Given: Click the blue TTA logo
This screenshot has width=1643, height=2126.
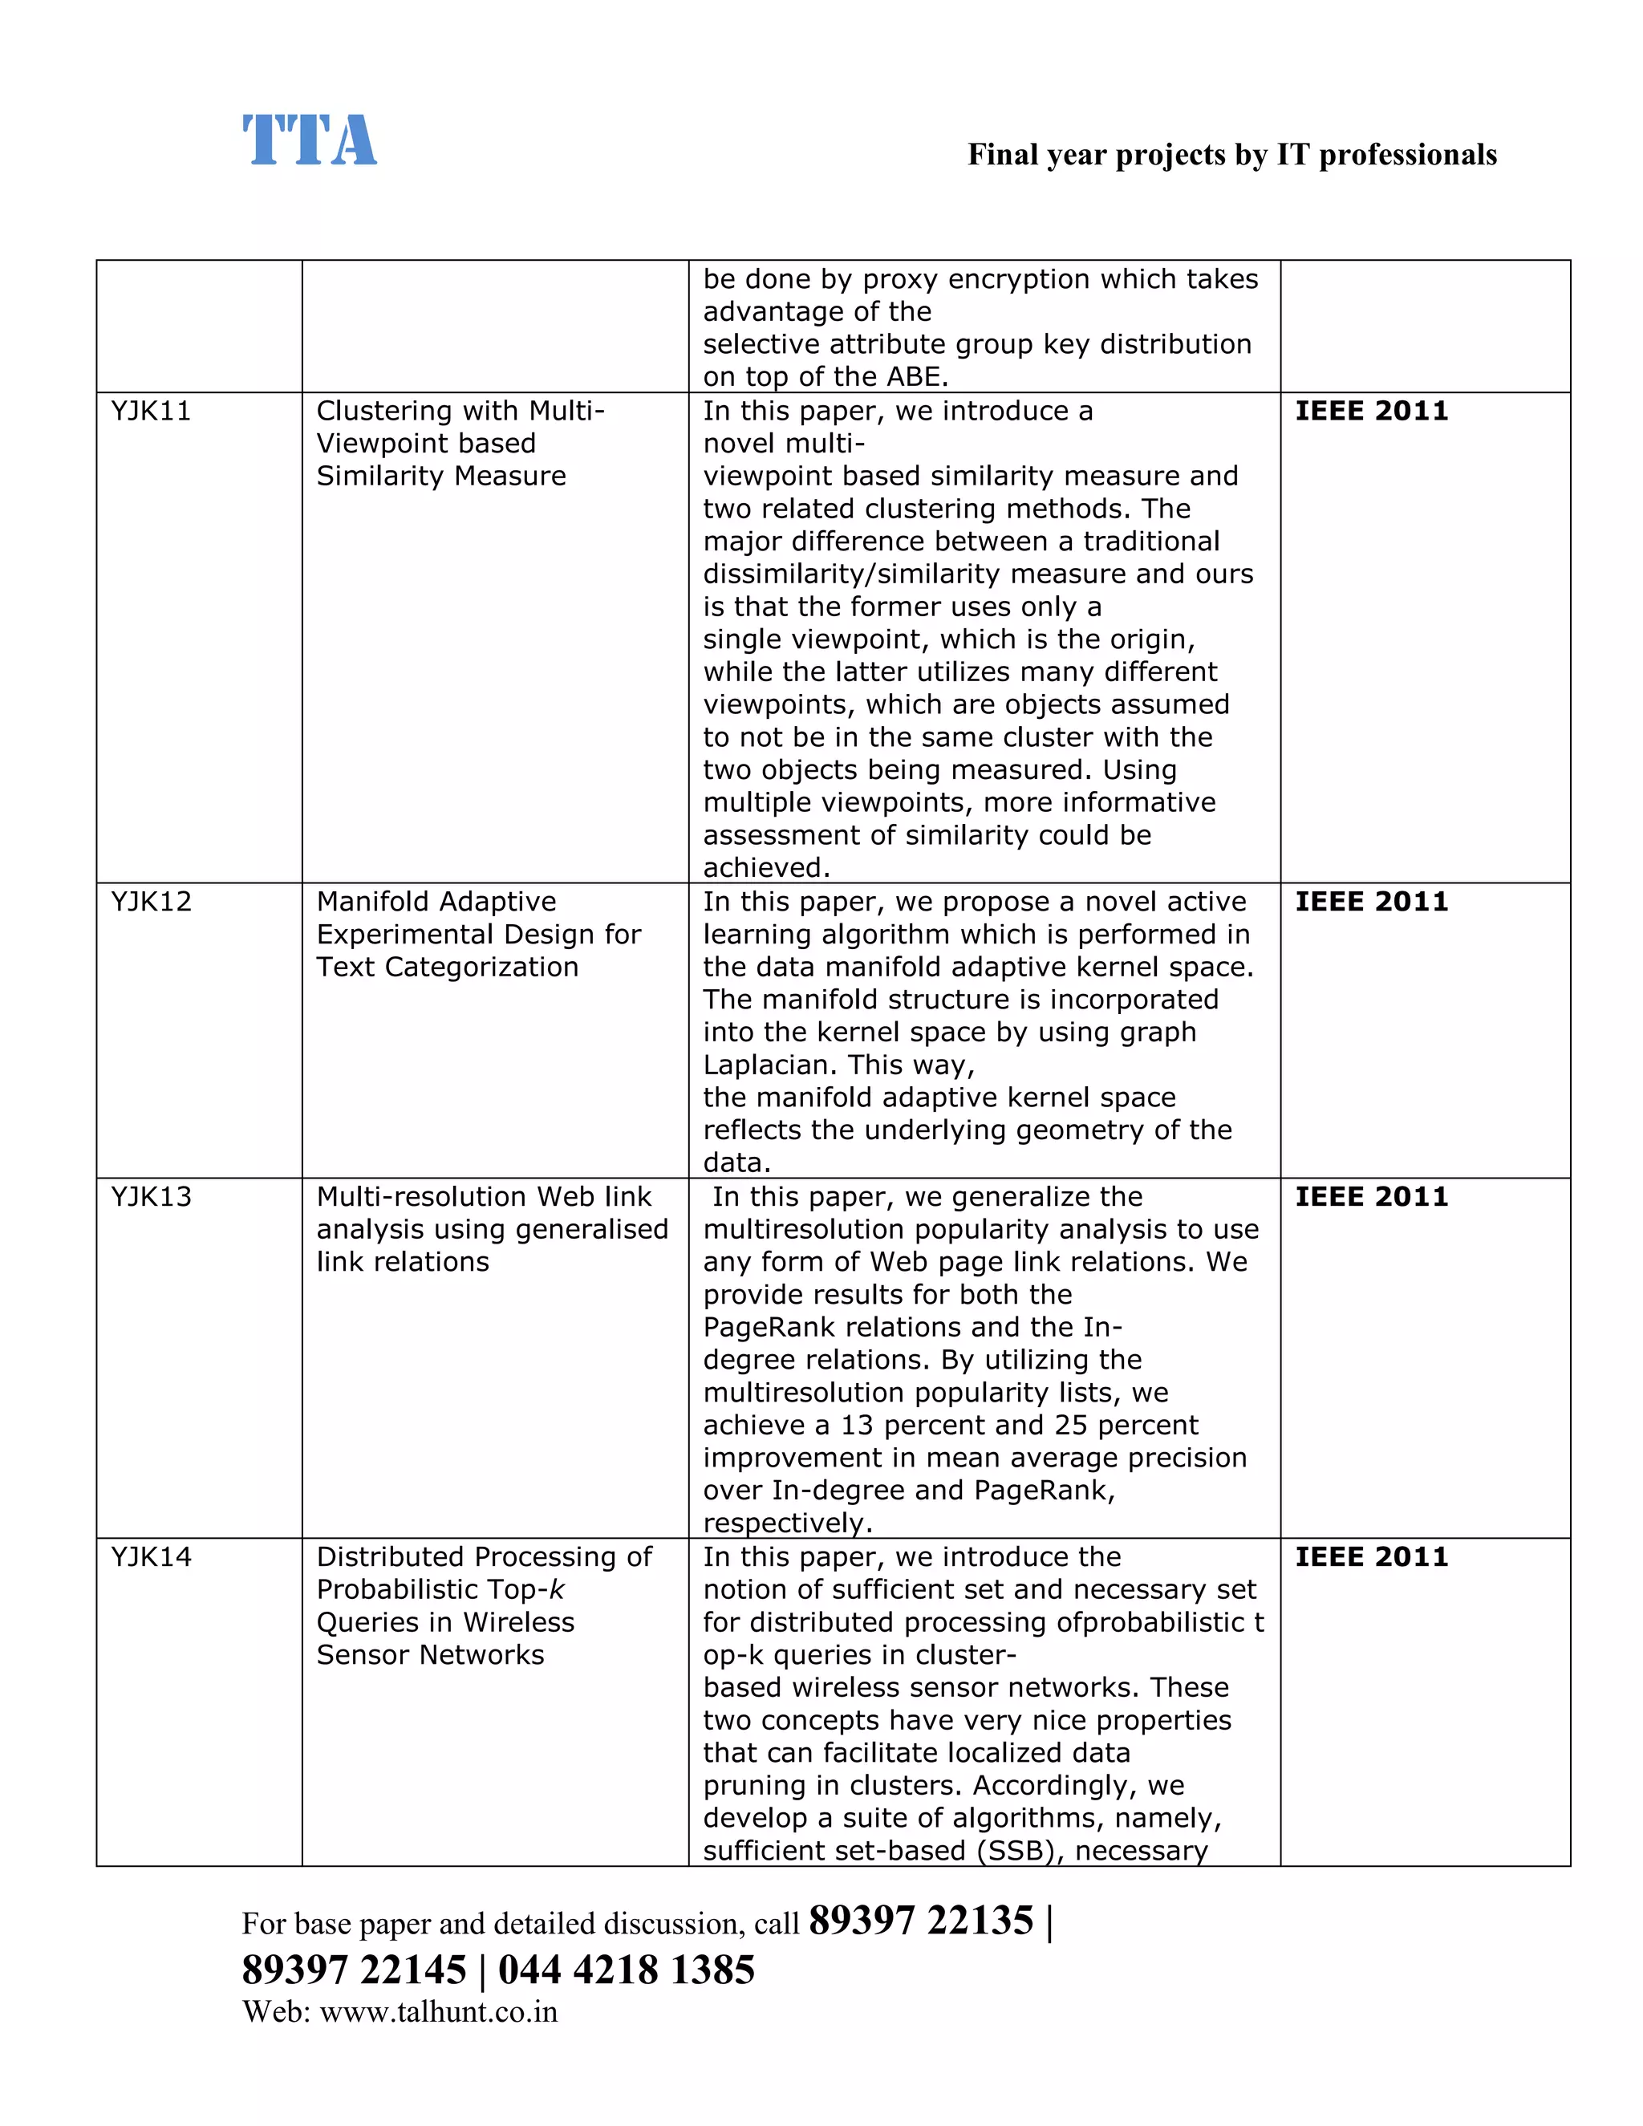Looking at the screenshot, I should click(x=309, y=140).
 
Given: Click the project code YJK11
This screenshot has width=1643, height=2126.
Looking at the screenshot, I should click(x=151, y=411).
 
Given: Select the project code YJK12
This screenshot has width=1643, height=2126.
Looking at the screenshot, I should click(x=151, y=902).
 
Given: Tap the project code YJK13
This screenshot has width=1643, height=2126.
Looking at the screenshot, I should click(x=151, y=1196).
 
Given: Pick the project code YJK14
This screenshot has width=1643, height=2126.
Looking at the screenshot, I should click(x=151, y=1556).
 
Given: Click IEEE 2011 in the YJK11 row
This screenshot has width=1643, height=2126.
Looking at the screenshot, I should click(x=1370, y=411).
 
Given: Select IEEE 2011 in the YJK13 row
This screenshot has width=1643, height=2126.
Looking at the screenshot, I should click(x=1370, y=1196).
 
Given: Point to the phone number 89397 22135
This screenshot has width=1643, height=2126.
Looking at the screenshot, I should click(x=921, y=1921).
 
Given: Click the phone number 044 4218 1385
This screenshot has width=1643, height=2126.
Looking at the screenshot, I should click(x=626, y=1970).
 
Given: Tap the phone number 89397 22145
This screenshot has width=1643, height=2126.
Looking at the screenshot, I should click(x=355, y=1970).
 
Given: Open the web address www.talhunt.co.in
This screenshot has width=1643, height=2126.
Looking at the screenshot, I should click(x=438, y=2012).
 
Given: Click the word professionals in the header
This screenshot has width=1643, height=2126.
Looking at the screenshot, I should click(x=1407, y=155).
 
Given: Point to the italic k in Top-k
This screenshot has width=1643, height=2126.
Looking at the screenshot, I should click(x=557, y=1589).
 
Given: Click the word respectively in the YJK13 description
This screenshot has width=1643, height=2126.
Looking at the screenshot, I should click(x=785, y=1523).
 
